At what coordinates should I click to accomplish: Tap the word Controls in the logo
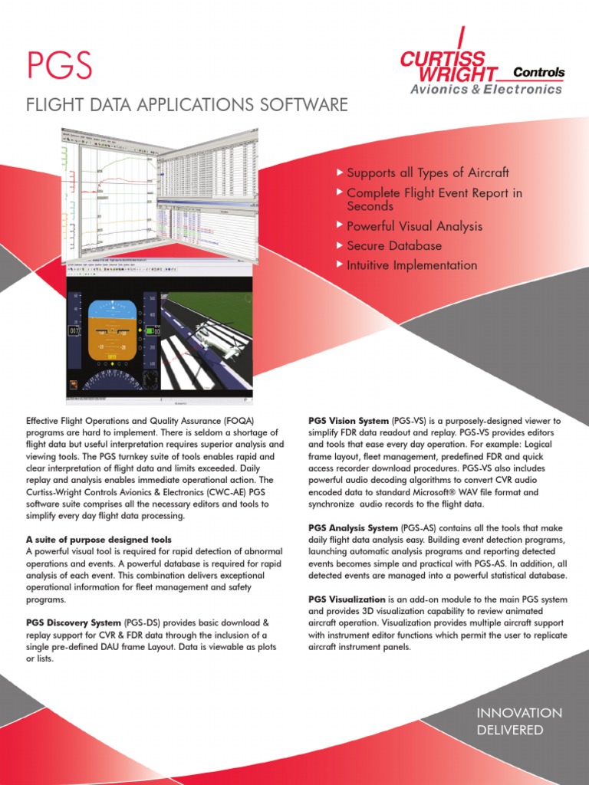(538, 73)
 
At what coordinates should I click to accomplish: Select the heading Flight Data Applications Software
(187, 104)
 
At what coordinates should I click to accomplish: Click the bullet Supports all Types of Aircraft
(427, 172)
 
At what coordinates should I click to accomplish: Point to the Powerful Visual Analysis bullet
(414, 226)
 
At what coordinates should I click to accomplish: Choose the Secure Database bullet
(394, 246)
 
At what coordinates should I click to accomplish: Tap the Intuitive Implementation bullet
(412, 265)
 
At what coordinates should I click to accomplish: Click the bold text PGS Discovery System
(74, 622)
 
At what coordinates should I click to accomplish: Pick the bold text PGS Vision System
(349, 421)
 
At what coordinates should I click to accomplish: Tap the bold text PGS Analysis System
(353, 528)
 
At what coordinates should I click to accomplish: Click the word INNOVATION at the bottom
(519, 713)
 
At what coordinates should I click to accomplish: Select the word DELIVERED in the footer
(510, 731)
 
